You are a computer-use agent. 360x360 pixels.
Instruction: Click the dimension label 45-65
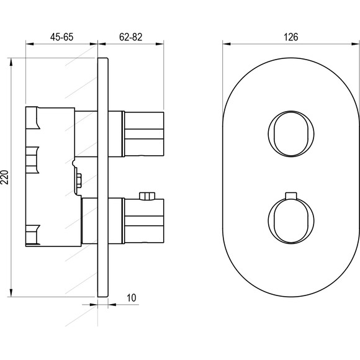click(62, 37)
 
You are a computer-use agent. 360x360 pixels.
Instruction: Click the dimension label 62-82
click(130, 37)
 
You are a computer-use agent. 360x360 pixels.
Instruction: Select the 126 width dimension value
click(291, 37)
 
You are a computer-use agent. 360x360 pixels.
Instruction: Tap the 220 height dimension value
click(5, 177)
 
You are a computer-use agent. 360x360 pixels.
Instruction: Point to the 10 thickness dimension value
click(132, 298)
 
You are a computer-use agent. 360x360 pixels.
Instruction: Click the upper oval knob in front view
click(291, 134)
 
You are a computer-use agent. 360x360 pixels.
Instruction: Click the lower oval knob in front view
click(291, 220)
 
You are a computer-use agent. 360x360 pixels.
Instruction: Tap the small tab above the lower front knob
click(291, 195)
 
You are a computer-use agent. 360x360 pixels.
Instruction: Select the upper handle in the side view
click(144, 134)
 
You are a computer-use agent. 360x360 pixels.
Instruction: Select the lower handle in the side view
click(144, 220)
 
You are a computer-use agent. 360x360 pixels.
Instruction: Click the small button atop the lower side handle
click(147, 196)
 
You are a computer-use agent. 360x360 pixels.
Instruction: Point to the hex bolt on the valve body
click(79, 181)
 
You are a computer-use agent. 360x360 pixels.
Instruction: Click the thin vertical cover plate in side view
click(102, 178)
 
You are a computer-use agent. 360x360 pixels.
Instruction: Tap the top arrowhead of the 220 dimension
click(11, 62)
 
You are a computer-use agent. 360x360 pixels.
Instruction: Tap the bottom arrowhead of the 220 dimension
click(11, 293)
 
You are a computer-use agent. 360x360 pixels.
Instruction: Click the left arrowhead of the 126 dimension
click(227, 44)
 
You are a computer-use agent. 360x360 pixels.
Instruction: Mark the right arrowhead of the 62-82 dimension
click(160, 44)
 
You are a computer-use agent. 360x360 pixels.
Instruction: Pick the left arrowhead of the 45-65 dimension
click(30, 44)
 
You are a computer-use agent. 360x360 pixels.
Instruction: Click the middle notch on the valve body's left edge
click(32, 160)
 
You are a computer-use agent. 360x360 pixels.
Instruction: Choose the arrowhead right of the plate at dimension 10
click(112, 305)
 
